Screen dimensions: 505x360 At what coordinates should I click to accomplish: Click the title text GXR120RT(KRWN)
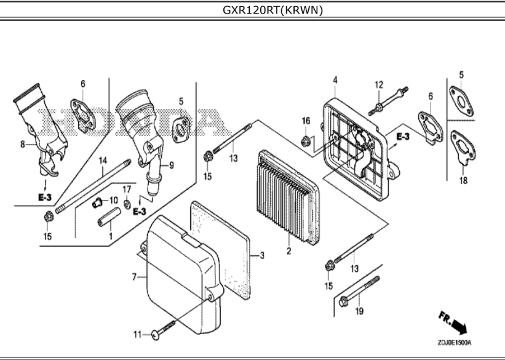click(x=272, y=10)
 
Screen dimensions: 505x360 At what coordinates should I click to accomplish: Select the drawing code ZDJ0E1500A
click(x=454, y=343)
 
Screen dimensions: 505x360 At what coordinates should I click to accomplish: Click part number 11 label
click(x=138, y=335)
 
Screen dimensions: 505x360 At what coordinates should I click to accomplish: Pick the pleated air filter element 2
click(x=289, y=196)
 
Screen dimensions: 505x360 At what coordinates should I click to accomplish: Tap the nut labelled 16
click(x=305, y=141)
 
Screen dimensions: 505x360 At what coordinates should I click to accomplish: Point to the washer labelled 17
click(x=127, y=204)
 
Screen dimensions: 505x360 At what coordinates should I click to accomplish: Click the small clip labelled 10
click(x=97, y=203)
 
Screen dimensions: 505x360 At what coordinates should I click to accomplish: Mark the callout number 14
click(x=103, y=160)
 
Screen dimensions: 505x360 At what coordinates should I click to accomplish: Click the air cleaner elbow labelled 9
click(x=141, y=138)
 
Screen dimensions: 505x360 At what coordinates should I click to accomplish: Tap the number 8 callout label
click(x=22, y=145)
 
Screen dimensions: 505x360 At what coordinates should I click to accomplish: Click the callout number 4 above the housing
click(x=335, y=80)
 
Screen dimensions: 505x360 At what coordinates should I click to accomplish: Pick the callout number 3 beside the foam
click(x=262, y=255)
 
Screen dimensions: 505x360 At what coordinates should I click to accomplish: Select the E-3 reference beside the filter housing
click(x=403, y=137)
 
